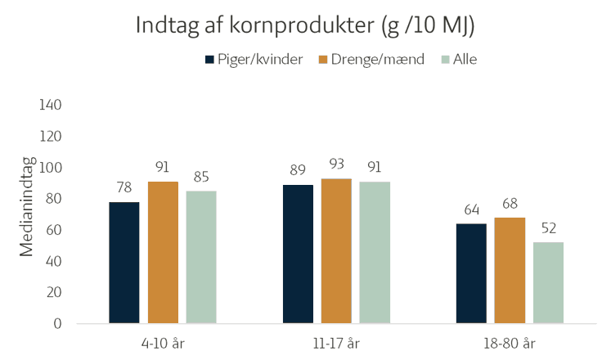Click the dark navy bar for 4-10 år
[124, 262]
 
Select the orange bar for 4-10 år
[163, 252]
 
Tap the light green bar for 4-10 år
[201, 257]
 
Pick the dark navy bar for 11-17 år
[299, 254]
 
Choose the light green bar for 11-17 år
[375, 252]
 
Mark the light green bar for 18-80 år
[548, 282]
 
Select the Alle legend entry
[460, 60]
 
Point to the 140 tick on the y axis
[51, 106]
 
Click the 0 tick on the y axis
[58, 323]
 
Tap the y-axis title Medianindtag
[27, 207]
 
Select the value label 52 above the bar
[548, 227]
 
